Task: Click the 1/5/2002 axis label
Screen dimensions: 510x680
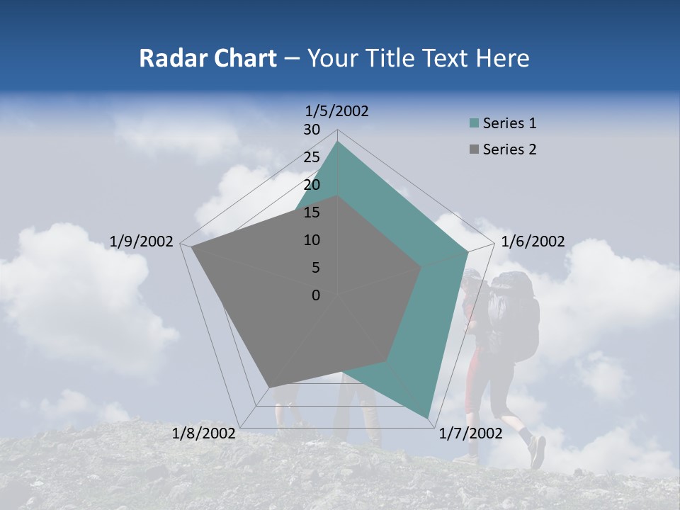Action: tap(337, 110)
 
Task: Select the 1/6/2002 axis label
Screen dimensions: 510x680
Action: tap(533, 242)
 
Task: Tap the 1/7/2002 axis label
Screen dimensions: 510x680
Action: tap(470, 433)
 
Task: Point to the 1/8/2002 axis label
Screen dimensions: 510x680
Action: tap(204, 433)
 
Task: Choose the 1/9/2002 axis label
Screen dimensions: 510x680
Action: tap(142, 242)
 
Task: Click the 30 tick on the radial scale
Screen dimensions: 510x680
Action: tap(312, 130)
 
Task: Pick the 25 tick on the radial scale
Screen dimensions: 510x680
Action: tap(312, 157)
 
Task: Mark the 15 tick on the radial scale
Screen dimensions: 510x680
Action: tap(312, 212)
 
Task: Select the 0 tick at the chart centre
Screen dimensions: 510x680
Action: tap(316, 295)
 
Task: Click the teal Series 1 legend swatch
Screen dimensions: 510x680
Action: tap(474, 123)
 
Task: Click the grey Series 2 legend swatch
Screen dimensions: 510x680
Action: tap(474, 149)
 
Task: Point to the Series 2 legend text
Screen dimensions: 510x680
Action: tap(509, 149)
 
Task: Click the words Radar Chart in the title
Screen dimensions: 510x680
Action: tap(207, 58)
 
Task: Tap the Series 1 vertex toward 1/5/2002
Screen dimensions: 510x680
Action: tap(337, 142)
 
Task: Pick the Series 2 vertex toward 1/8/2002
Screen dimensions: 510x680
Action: tap(269, 387)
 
